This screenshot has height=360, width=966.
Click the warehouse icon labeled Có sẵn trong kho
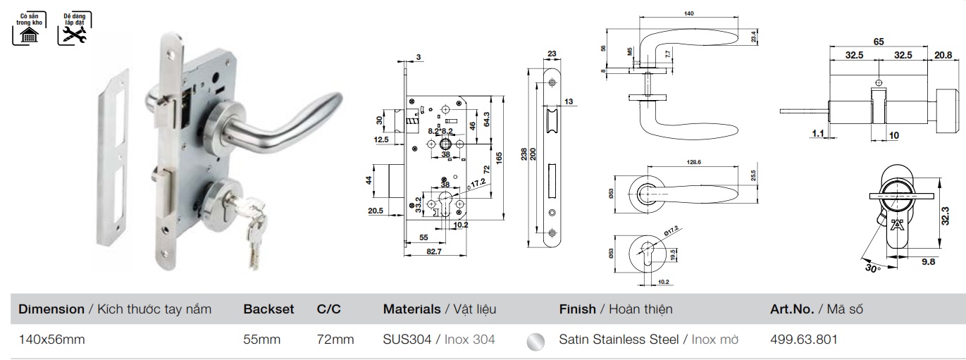26,28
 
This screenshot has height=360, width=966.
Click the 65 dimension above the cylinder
879,42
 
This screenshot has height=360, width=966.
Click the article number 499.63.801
804,339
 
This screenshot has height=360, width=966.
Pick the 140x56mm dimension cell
51,339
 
